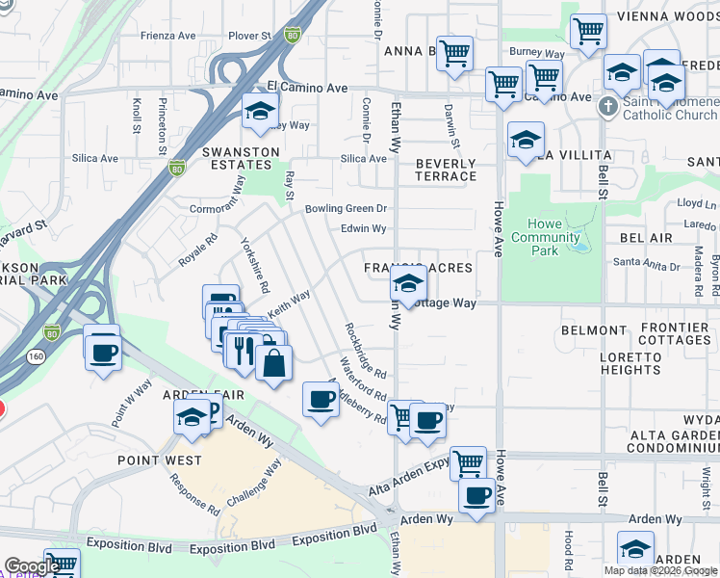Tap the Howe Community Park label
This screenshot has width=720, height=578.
[546, 238]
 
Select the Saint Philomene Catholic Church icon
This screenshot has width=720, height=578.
[608, 104]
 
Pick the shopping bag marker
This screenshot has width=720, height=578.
[274, 363]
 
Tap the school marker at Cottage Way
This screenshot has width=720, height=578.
[408, 286]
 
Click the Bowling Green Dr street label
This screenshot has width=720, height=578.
[346, 208]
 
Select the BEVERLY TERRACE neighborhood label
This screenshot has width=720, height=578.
[446, 171]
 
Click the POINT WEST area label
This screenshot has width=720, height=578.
[160, 460]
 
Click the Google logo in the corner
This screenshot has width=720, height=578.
[31, 566]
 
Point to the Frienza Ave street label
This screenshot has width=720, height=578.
[168, 36]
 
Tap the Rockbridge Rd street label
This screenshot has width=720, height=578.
[366, 351]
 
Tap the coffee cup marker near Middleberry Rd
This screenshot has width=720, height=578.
[321, 398]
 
